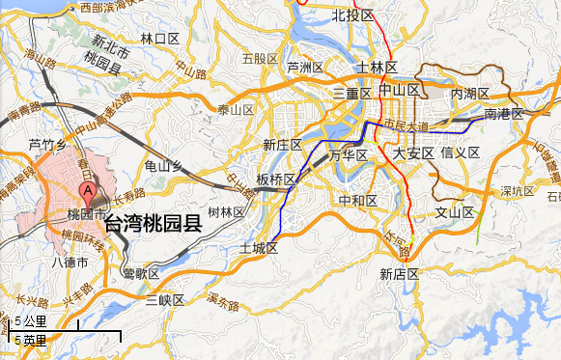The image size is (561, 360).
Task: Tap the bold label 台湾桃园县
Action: click(153, 226)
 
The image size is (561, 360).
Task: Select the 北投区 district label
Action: click(352, 14)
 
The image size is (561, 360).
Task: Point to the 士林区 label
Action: click(377, 68)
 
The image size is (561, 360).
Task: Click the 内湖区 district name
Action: click(471, 94)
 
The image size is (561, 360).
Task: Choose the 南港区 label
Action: click(503, 114)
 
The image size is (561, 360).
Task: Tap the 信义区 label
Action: click(461, 152)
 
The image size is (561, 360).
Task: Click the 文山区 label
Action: click(455, 212)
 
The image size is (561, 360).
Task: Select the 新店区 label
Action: click(399, 274)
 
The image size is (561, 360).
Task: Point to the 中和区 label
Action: click(357, 200)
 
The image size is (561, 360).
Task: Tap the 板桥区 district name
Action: click(276, 180)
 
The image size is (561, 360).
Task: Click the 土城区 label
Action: click(259, 249)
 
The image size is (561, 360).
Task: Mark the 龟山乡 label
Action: click(163, 167)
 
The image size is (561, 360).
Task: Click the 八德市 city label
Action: click(70, 262)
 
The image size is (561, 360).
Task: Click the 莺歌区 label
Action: click(141, 273)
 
